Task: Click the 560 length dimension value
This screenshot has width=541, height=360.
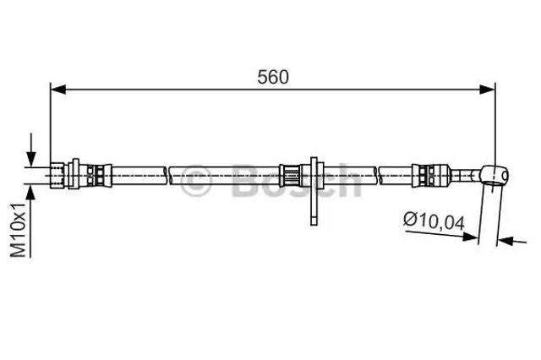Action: tap(272, 77)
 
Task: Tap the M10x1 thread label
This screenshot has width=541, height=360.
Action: tap(19, 230)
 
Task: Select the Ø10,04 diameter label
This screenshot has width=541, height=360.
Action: tap(434, 221)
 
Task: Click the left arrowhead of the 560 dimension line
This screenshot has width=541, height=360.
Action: tap(58, 90)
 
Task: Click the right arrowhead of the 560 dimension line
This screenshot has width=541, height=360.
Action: tap(487, 90)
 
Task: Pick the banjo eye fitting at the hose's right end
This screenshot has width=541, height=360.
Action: tap(494, 174)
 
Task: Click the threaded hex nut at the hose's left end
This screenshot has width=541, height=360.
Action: tap(57, 175)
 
